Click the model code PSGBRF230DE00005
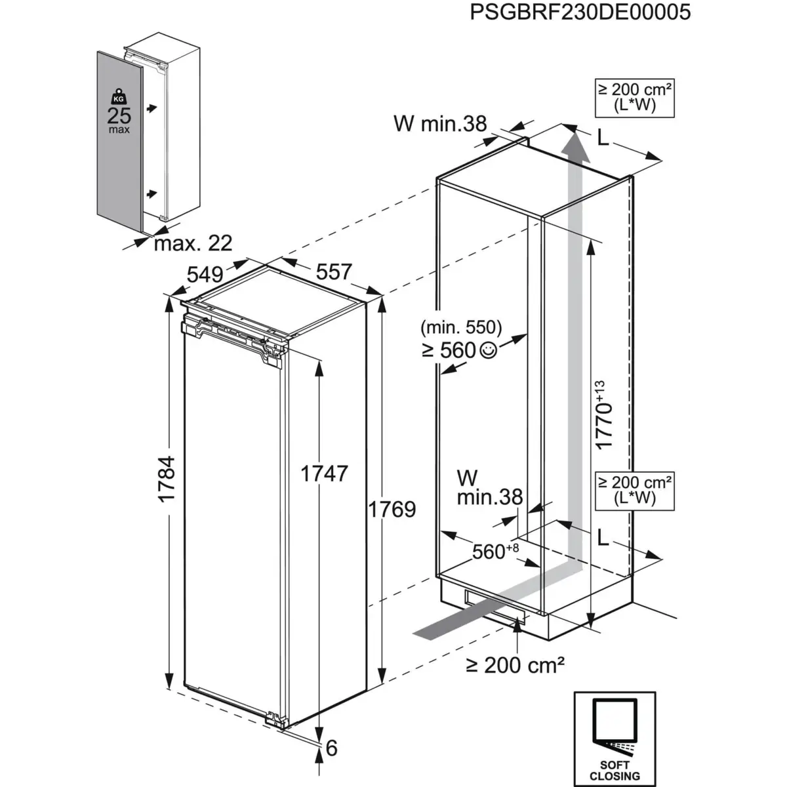click(580, 12)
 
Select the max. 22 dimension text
click(193, 243)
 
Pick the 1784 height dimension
click(167, 479)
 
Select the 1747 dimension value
click(324, 473)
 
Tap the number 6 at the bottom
click(331, 748)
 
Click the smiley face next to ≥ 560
click(488, 352)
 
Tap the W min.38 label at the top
click(440, 123)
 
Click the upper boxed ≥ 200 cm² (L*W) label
click(634, 97)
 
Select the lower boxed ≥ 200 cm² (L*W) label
click(634, 490)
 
